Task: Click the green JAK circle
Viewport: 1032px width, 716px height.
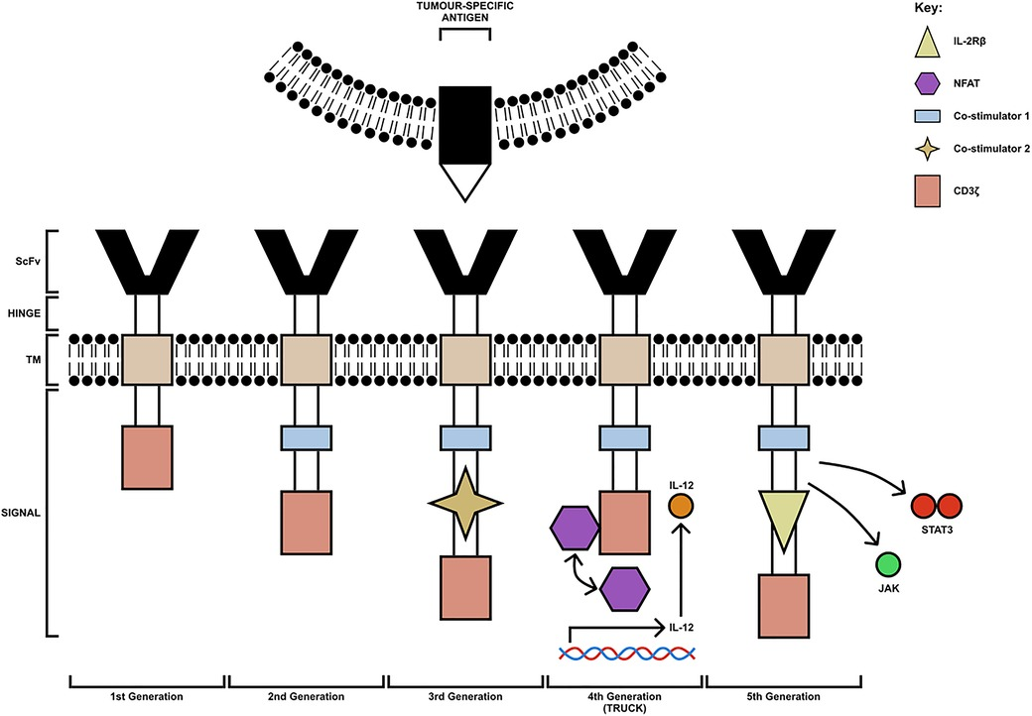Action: tap(888, 566)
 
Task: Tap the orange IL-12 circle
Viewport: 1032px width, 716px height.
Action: tap(680, 507)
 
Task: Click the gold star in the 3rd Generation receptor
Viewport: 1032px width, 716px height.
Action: tap(465, 504)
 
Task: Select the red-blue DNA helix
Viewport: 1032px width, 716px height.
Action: tap(626, 653)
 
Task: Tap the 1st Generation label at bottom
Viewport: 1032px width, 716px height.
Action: tap(148, 697)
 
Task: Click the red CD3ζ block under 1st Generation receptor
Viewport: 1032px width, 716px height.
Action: tap(148, 457)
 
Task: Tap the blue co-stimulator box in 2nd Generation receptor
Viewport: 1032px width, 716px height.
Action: tap(307, 437)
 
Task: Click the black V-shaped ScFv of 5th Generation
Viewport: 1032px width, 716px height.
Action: tap(783, 261)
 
